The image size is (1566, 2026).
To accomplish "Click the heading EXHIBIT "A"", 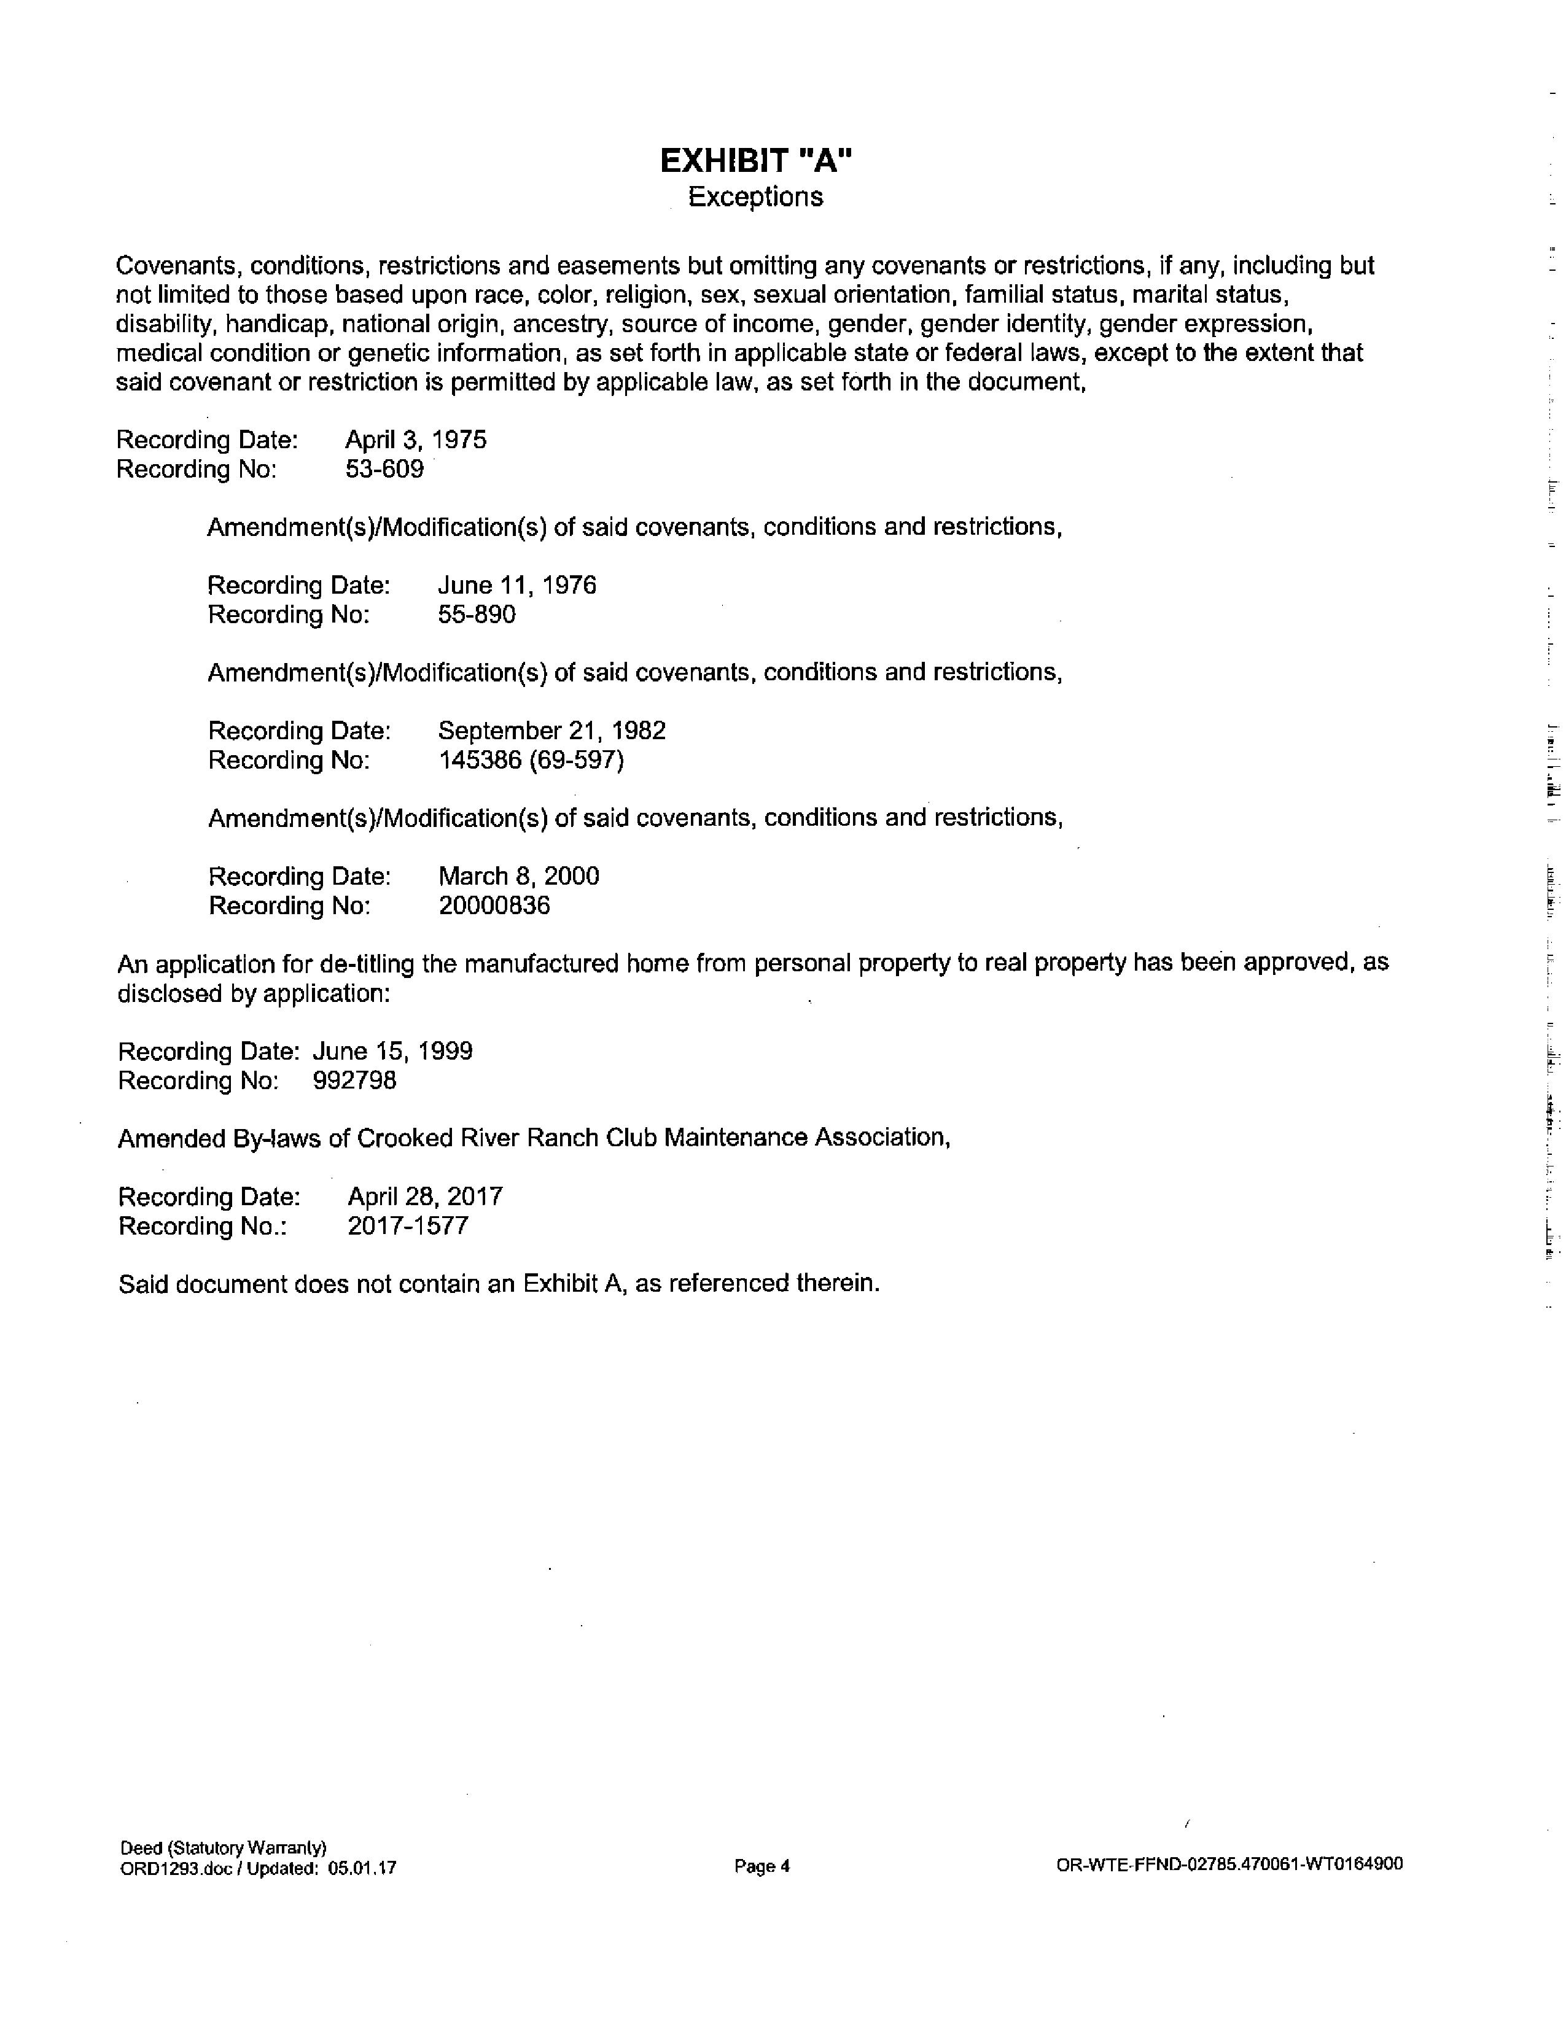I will pos(755,161).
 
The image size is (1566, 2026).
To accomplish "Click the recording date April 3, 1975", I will pos(416,440).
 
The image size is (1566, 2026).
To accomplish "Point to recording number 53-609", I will pos(384,470).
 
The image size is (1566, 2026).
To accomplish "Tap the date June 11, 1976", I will pos(516,585).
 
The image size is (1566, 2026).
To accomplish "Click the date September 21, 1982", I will pos(552,731).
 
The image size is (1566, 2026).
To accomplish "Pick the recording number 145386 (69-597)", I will pos(531,761).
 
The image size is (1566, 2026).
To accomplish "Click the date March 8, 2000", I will pos(518,877).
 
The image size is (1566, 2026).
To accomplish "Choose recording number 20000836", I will pos(494,906).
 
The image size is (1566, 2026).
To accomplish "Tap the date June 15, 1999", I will pos(392,1051).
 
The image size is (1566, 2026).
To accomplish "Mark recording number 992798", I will pos(354,1081).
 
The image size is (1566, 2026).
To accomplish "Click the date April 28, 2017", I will pos(425,1197).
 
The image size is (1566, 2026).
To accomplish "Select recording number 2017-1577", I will pos(408,1227).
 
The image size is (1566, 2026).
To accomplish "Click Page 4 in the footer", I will pos(761,1866).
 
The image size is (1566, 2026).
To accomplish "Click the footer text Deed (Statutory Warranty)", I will pos(223,1848).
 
